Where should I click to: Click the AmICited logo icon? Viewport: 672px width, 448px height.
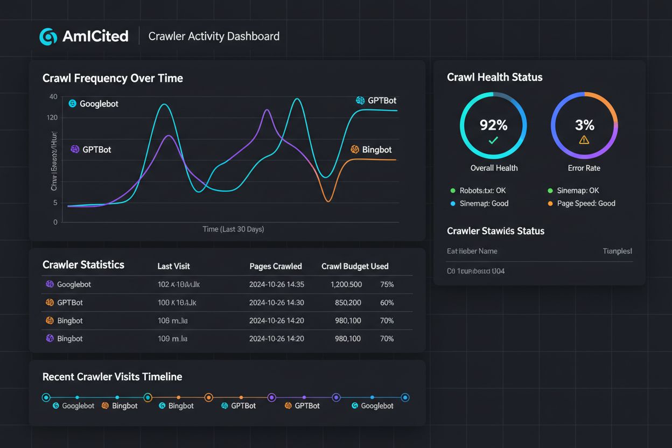(48, 37)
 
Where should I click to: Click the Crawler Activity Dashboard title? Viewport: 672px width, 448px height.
(214, 37)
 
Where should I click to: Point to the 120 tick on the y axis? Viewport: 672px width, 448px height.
(52, 117)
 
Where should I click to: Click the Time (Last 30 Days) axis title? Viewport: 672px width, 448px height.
(233, 229)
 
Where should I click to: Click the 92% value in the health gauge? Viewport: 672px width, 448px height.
(493, 125)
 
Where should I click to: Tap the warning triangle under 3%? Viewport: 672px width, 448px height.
(584, 140)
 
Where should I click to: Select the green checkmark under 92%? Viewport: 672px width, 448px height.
(493, 141)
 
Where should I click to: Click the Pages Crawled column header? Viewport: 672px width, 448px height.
(276, 266)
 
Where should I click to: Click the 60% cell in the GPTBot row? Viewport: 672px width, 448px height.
(387, 303)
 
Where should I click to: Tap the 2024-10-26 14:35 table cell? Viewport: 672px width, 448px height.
(277, 284)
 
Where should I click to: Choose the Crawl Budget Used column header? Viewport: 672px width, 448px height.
(355, 266)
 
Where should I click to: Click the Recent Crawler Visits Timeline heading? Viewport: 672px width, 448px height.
(112, 377)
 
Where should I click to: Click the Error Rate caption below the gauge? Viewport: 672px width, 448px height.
(584, 168)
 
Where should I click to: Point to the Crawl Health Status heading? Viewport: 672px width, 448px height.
(494, 77)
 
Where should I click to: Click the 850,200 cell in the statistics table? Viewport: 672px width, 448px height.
(348, 303)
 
